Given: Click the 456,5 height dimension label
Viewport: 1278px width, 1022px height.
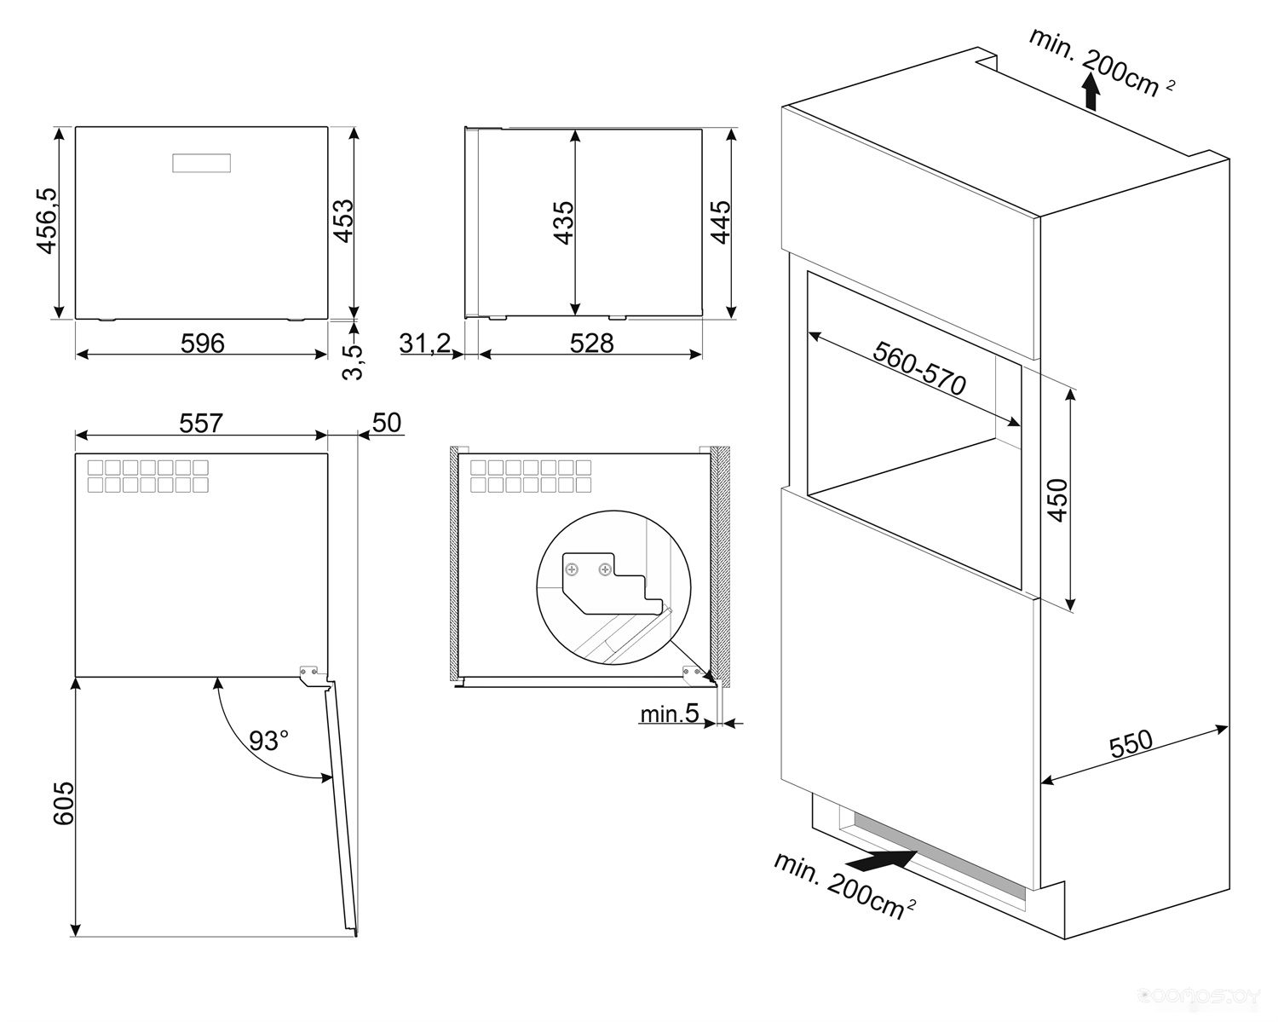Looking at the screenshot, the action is click(x=47, y=221).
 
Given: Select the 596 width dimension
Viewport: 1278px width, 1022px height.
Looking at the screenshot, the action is click(x=203, y=344).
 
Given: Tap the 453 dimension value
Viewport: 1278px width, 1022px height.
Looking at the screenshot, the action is click(x=343, y=221).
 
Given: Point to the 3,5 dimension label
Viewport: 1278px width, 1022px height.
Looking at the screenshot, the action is click(x=352, y=362).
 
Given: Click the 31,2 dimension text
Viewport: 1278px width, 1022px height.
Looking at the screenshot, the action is click(x=425, y=344).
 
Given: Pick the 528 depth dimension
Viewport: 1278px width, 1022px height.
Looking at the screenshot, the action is click(x=591, y=344).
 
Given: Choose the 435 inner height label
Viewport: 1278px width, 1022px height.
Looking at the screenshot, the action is click(x=563, y=222).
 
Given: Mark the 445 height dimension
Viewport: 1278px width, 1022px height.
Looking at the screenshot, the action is click(x=721, y=222).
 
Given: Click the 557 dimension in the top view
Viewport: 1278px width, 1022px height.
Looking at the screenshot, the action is click(x=201, y=424).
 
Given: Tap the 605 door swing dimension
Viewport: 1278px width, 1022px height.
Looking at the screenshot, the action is click(x=64, y=803).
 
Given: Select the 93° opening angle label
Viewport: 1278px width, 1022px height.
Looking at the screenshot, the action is click(x=269, y=741).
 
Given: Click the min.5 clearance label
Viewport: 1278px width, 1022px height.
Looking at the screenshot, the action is click(x=670, y=713).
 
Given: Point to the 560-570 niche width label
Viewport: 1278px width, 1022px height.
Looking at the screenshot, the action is click(x=919, y=368).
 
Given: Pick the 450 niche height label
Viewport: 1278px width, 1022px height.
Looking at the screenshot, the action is click(x=1058, y=500).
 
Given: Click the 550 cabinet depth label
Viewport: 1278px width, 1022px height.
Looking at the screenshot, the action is click(x=1131, y=744).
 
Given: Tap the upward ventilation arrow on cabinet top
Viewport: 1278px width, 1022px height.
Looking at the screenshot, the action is click(x=1091, y=91).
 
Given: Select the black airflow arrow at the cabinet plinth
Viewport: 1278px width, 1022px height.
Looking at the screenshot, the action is click(x=882, y=860).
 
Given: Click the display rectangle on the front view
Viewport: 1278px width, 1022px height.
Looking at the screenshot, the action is click(x=201, y=163).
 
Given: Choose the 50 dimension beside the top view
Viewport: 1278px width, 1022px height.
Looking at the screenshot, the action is click(x=387, y=423).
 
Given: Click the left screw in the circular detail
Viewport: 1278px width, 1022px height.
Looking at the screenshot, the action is click(x=572, y=569).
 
